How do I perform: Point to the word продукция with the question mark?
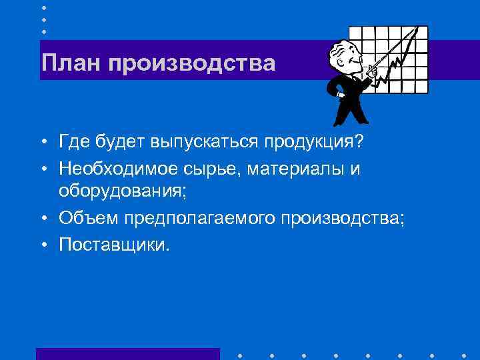tap(318, 143)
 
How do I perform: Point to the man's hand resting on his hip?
tap(342, 94)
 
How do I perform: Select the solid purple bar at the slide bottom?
tap(127, 353)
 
